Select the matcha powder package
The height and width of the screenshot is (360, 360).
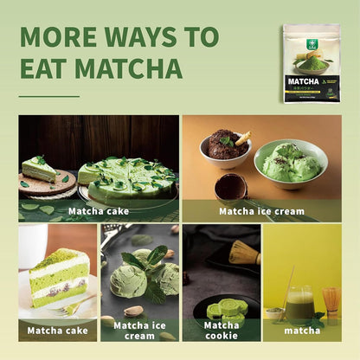click(312, 63)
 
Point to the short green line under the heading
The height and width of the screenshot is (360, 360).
click(48, 96)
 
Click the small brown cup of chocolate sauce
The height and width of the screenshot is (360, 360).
click(231, 185)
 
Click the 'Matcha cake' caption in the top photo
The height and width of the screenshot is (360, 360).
click(98, 210)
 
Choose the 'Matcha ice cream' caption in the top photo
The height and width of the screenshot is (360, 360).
click(260, 210)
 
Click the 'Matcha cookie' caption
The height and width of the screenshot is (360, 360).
click(222, 330)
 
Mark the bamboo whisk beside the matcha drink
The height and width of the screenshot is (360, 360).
click(331, 302)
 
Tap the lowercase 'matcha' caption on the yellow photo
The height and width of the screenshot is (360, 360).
click(302, 330)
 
